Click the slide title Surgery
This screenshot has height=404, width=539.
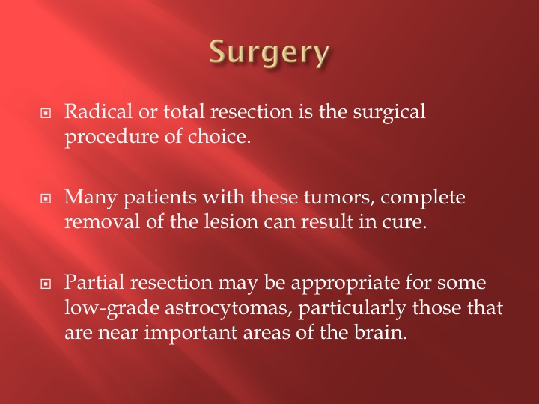(269, 52)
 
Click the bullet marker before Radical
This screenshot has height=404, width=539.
(46, 113)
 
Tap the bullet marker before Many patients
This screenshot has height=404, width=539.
(46, 198)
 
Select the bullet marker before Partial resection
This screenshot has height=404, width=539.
(46, 284)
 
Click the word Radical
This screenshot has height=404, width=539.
(98, 111)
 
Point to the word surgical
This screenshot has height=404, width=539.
(389, 113)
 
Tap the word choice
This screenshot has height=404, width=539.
(219, 136)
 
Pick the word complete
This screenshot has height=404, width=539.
(423, 198)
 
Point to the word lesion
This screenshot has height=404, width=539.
(231, 221)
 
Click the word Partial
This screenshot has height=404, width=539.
(94, 282)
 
